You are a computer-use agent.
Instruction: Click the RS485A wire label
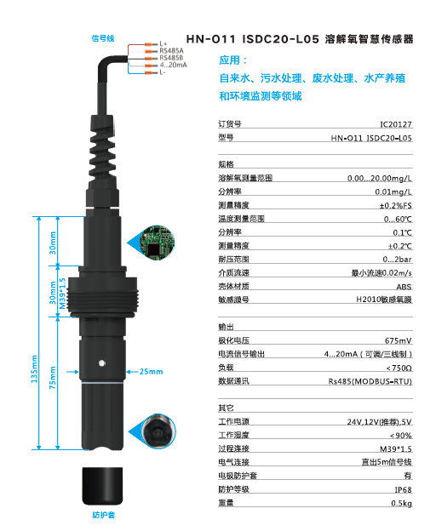[x=172, y=51]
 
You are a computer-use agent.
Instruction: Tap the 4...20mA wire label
[x=174, y=65]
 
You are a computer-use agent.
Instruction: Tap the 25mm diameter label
[x=150, y=372]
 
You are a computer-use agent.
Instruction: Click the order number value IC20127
[x=396, y=124]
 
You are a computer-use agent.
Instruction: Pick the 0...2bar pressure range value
[x=397, y=259]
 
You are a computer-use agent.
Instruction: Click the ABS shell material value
[x=404, y=287]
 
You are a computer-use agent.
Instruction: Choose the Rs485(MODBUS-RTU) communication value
[x=370, y=381]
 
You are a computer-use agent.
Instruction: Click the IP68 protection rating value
[x=402, y=489]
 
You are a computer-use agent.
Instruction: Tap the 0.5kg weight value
[x=401, y=503]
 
